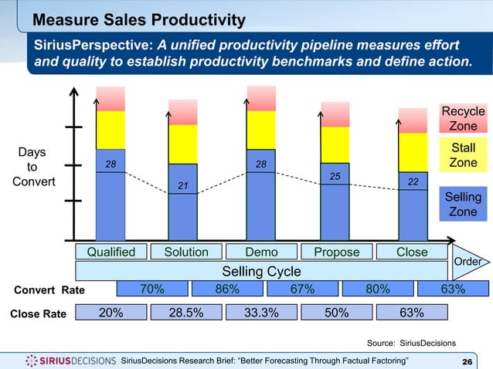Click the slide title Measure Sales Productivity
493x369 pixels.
[140, 19]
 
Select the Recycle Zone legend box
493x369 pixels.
[463, 119]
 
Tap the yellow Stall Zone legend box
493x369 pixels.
[463, 154]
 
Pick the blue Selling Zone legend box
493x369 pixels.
[463, 204]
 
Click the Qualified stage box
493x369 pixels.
[110, 252]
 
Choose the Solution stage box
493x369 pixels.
[185, 252]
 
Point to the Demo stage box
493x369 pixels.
[261, 252]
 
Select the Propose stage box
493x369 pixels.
[336, 252]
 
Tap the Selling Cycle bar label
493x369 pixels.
[261, 270]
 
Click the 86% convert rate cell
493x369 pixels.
[226, 289]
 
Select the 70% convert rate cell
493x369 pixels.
[151, 289]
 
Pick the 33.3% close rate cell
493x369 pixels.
[261, 313]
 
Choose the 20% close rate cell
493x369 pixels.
[110, 313]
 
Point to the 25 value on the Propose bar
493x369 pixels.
[335, 177]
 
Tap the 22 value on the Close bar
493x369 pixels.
[413, 181]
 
